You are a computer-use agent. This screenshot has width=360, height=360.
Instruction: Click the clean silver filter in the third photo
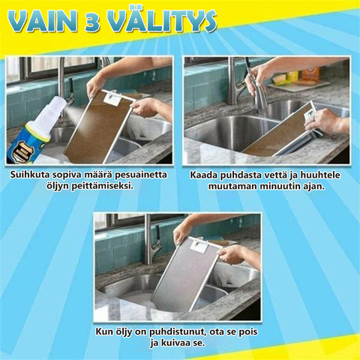186,275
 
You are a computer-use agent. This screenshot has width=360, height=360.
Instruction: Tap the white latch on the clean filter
199,245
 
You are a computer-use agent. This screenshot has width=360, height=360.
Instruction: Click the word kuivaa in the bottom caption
175,343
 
